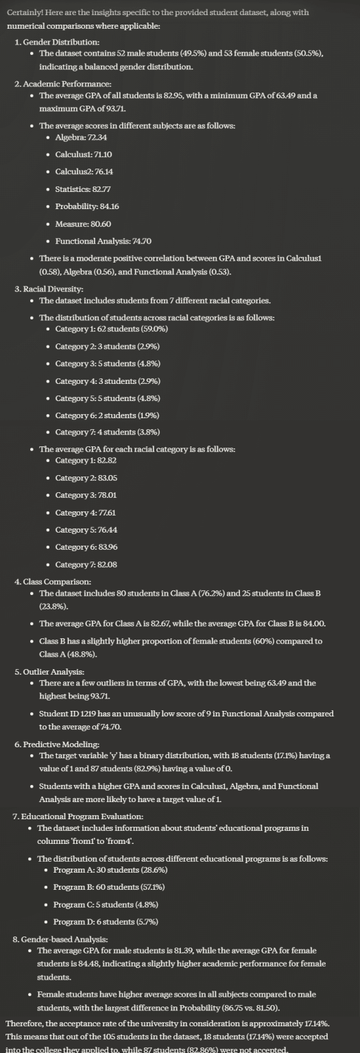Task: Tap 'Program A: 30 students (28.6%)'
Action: point(110,870)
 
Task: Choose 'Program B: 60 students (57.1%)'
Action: point(109,887)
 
